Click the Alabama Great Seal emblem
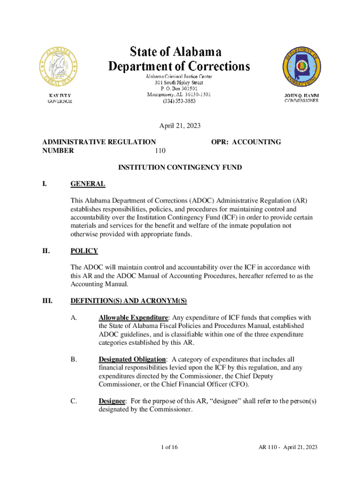[x=59, y=67]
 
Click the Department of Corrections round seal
[x=302, y=67]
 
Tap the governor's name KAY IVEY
[x=60, y=95]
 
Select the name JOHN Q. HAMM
[x=302, y=95]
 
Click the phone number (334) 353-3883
[x=179, y=101]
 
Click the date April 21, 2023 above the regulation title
[x=180, y=125]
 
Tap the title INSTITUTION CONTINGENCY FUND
[x=180, y=167]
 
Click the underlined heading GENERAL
[x=87, y=184]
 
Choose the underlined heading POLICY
[x=84, y=251]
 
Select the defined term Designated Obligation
[x=132, y=359]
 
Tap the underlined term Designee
[x=112, y=401]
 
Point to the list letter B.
[x=73, y=359]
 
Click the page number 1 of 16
[x=168, y=447]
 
